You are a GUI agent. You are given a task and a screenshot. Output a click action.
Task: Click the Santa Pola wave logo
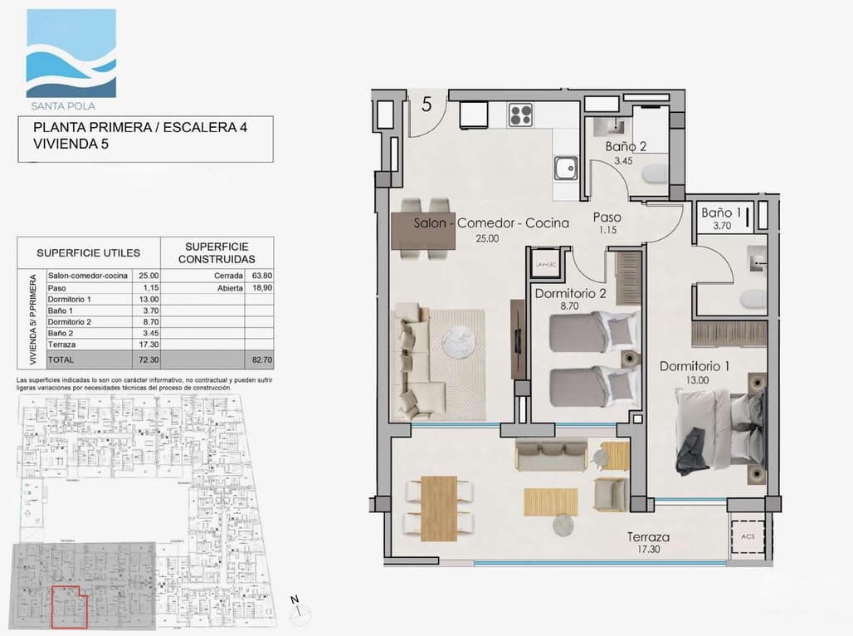tap(71, 53)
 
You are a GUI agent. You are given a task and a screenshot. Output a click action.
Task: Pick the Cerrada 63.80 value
tap(259, 276)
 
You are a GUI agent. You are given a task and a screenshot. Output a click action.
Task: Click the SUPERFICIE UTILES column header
tap(88, 252)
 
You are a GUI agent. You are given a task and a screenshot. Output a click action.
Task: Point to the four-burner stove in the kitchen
tap(520, 114)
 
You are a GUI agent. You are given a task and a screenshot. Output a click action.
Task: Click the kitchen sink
tap(567, 169)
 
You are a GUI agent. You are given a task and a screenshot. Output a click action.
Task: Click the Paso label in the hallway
tap(607, 217)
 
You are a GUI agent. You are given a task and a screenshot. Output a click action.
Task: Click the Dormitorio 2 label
tap(570, 293)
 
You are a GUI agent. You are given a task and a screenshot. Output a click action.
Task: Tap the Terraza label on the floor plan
tap(649, 537)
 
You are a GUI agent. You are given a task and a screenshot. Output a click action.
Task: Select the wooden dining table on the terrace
tap(439, 506)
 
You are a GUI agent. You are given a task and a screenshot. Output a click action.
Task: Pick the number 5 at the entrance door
tap(426, 104)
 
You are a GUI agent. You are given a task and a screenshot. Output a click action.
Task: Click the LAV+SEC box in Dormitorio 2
tap(545, 263)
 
